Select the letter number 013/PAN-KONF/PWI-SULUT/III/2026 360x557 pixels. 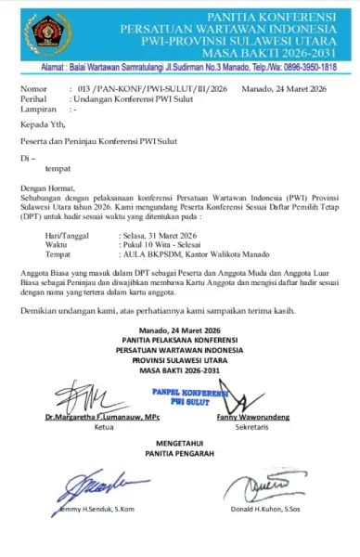point(149,88)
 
